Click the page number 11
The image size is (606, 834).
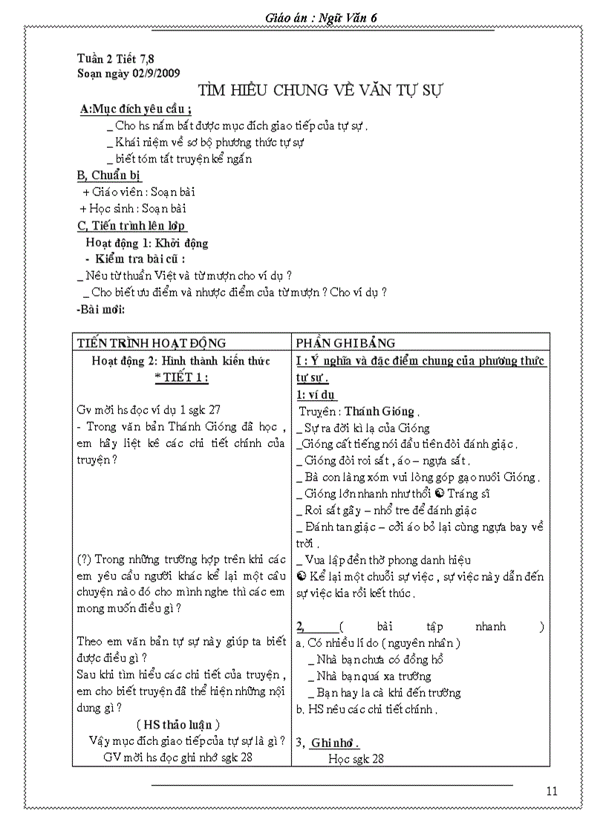(x=551, y=791)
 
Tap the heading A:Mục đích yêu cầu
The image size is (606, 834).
(x=135, y=109)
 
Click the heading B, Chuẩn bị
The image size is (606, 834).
(x=109, y=175)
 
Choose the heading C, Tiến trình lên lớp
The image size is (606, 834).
(x=131, y=226)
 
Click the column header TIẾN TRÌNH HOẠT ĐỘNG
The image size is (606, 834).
(x=151, y=342)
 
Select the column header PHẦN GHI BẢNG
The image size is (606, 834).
(x=345, y=342)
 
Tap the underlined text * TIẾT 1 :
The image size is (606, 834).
(x=181, y=377)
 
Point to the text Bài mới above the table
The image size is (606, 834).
(x=101, y=309)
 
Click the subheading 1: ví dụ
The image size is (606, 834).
(x=318, y=395)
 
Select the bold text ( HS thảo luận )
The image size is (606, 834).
(x=178, y=724)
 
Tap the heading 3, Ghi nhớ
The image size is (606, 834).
(x=328, y=743)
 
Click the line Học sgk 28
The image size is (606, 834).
(x=356, y=758)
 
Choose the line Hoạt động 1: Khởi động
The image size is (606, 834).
(x=146, y=243)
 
